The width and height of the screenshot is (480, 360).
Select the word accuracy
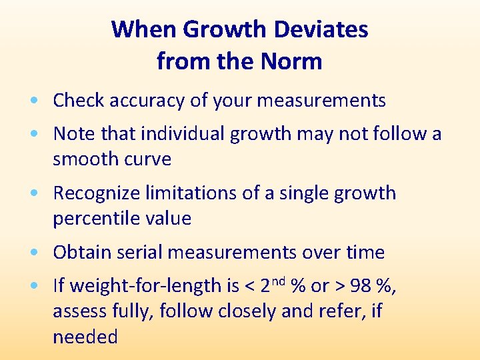tap(143, 101)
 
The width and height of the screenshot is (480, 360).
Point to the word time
tap(365, 253)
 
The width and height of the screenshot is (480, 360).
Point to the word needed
tap(85, 337)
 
